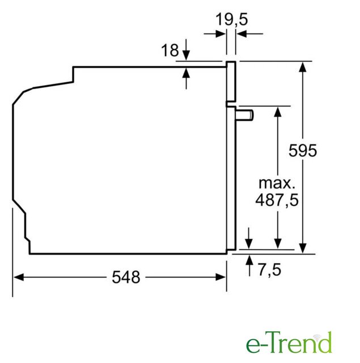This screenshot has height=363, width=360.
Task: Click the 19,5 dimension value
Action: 232,19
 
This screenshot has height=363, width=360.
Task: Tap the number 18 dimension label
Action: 170,50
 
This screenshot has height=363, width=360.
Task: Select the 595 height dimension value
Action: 303,151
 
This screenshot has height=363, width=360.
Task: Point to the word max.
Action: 277,183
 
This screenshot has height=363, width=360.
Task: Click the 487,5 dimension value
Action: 277,200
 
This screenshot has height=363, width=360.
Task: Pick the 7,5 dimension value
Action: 269,270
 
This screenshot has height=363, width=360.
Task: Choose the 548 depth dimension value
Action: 126,277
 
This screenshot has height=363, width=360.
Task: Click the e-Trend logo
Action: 289,343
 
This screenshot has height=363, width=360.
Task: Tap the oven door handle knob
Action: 245,115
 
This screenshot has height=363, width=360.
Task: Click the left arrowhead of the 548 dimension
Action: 19,277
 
